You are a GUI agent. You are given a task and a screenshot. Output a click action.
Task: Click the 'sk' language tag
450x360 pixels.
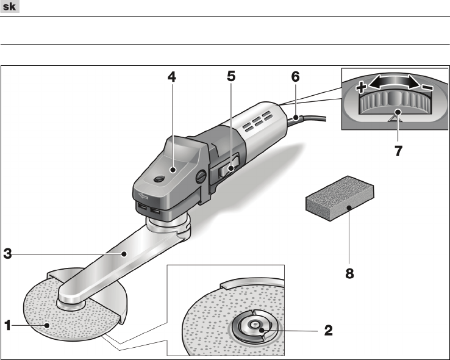click(10, 6)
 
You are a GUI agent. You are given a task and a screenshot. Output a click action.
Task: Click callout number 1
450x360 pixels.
click(8, 326)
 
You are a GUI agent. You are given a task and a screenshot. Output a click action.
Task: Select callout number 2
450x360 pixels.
click(329, 331)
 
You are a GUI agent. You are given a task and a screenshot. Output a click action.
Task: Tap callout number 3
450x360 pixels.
click(8, 254)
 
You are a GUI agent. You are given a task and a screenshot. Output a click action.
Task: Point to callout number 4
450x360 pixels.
click(172, 77)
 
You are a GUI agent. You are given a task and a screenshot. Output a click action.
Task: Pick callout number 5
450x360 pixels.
click(231, 76)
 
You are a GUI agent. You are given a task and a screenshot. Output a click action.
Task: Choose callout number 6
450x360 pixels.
click(295, 77)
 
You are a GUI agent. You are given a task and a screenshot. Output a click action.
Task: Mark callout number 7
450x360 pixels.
click(398, 151)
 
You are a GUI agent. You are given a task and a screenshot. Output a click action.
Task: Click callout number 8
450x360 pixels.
click(349, 273)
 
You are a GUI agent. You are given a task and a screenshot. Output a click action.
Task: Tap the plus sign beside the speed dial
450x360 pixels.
click(361, 87)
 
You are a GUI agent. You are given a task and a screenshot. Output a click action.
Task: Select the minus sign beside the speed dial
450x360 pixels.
click(427, 87)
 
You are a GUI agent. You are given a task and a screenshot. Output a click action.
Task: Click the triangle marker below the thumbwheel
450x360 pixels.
click(395, 118)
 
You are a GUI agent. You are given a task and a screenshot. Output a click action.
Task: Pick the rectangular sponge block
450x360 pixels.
click(340, 198)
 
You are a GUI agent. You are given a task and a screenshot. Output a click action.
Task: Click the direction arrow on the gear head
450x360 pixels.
click(143, 196)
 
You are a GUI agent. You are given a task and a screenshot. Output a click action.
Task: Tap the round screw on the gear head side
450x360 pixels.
click(201, 176)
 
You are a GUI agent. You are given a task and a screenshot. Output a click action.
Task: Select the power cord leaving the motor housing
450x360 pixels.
click(307, 118)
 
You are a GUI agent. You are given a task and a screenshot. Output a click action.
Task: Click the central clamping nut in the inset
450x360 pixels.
click(253, 325)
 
